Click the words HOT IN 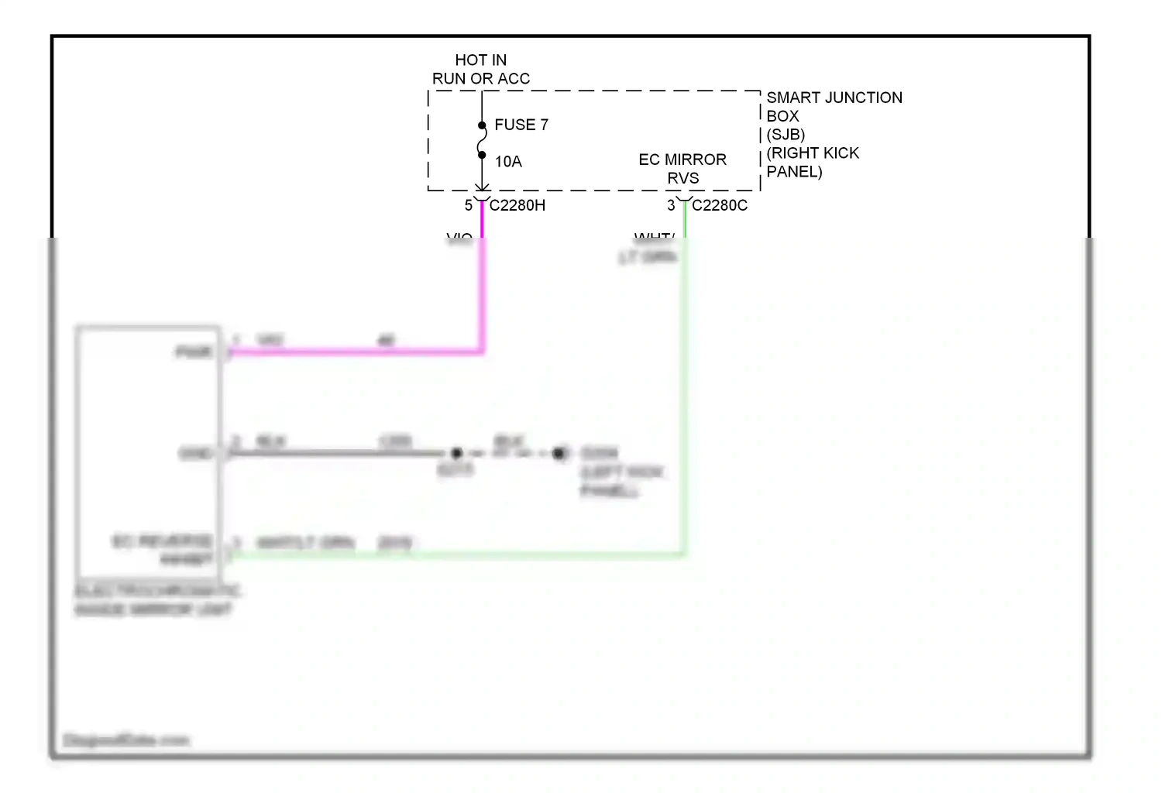480,60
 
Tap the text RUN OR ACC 480,79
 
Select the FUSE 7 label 521,125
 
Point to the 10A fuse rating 508,162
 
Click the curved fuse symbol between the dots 482,140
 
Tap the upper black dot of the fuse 482,125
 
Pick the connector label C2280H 517,205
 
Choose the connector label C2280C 719,205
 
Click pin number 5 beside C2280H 468,205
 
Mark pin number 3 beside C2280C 671,205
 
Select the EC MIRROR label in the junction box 682,160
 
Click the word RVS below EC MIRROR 682,178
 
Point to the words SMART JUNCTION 834,98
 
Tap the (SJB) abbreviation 785,135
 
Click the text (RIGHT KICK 812,153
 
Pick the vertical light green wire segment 684,387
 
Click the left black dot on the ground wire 456,453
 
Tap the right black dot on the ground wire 559,453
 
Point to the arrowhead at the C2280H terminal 482,187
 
